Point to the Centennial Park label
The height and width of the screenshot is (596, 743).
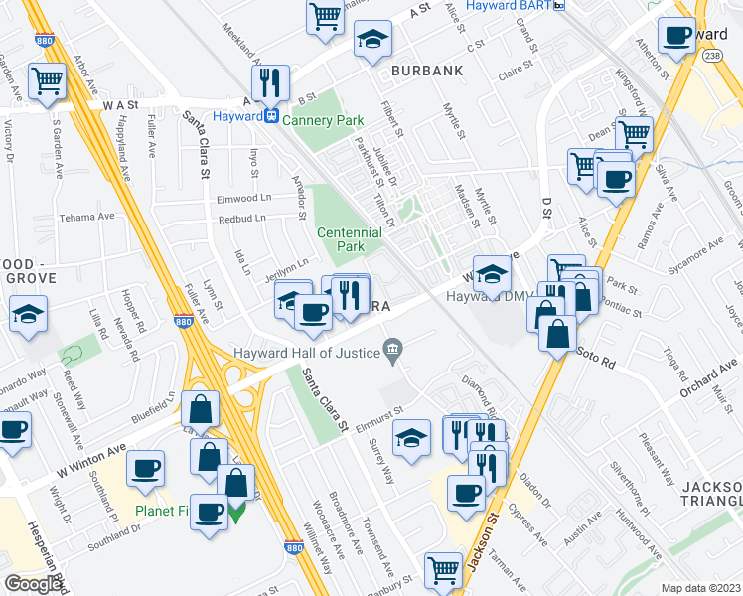coord(349,238)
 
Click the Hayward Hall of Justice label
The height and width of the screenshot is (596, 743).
coord(308,351)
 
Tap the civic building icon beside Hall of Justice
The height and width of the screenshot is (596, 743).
coord(393,349)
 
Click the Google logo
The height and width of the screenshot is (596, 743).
coord(34,584)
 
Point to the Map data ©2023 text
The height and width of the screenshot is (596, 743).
coord(701,588)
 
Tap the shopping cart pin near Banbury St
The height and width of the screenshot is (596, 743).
coord(443,570)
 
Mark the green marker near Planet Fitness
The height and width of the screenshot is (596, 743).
coord(236,513)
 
